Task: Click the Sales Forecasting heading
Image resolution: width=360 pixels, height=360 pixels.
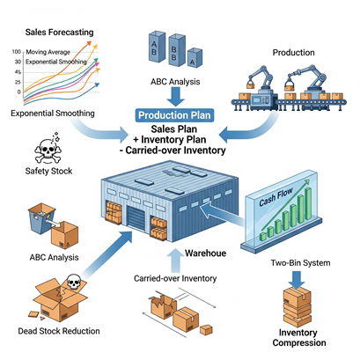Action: pyautogui.click(x=59, y=32)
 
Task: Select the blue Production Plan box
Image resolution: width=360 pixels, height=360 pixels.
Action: pyautogui.click(x=174, y=115)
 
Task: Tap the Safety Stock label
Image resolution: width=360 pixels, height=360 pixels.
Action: pyautogui.click(x=48, y=171)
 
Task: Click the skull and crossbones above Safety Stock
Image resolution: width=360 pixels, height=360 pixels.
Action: pyautogui.click(x=48, y=150)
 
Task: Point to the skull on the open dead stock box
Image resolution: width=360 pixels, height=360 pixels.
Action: pyautogui.click(x=74, y=282)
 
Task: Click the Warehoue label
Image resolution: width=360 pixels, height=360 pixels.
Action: pyautogui.click(x=205, y=253)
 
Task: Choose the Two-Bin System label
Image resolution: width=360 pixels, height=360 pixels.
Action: pyautogui.click(x=300, y=262)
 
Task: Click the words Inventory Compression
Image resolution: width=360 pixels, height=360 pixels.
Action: pyautogui.click(x=299, y=337)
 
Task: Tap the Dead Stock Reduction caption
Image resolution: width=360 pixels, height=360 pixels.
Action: pyautogui.click(x=59, y=331)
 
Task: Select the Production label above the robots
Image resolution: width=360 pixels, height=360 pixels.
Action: pyautogui.click(x=294, y=53)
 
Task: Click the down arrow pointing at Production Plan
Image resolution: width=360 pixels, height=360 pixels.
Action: pyautogui.click(x=175, y=97)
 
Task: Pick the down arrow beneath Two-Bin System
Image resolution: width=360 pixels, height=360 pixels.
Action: pyautogui.click(x=297, y=280)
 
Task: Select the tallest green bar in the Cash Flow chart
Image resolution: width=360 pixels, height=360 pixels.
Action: pyautogui.click(x=308, y=204)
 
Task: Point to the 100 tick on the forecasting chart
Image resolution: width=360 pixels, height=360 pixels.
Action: pyautogui.click(x=17, y=52)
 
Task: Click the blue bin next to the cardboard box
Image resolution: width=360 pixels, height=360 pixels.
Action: pyautogui.click(x=41, y=218)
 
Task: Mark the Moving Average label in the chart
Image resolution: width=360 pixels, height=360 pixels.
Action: pyautogui.click(x=48, y=52)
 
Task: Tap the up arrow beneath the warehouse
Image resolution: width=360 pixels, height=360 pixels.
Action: pyautogui.click(x=175, y=261)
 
